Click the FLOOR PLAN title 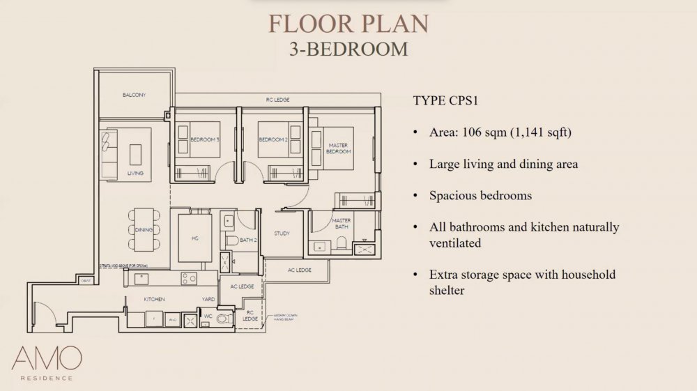click(x=348, y=23)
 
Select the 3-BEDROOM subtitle click(x=348, y=49)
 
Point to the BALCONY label click(x=134, y=95)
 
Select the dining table click(x=144, y=228)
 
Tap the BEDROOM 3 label click(x=204, y=140)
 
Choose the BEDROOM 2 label click(x=273, y=140)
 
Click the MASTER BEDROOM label click(x=339, y=148)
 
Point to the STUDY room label click(x=282, y=233)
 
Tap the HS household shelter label click(x=195, y=238)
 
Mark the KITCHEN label click(x=154, y=299)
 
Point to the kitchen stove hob click(x=189, y=278)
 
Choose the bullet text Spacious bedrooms click(x=480, y=195)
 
